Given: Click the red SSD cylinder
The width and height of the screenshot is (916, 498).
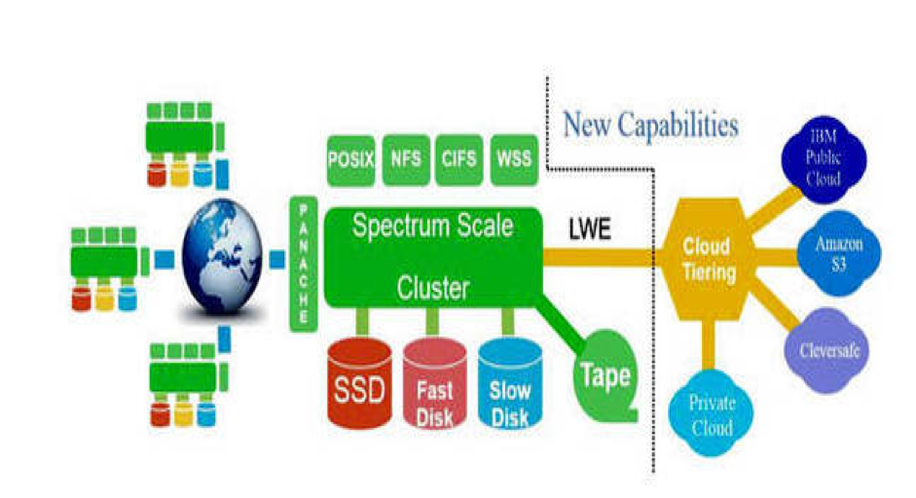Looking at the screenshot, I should click(360, 383).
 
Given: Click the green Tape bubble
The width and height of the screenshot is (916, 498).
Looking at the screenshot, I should click(604, 373).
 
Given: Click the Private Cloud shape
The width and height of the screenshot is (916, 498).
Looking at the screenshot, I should click(713, 413).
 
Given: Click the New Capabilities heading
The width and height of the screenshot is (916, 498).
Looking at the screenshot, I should click(649, 124).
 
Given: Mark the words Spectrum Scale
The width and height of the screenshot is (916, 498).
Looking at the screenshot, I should click(432, 228).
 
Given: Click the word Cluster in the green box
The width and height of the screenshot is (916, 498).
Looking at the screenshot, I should click(432, 287).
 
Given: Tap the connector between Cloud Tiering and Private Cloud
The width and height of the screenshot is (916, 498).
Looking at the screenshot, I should click(711, 342).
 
